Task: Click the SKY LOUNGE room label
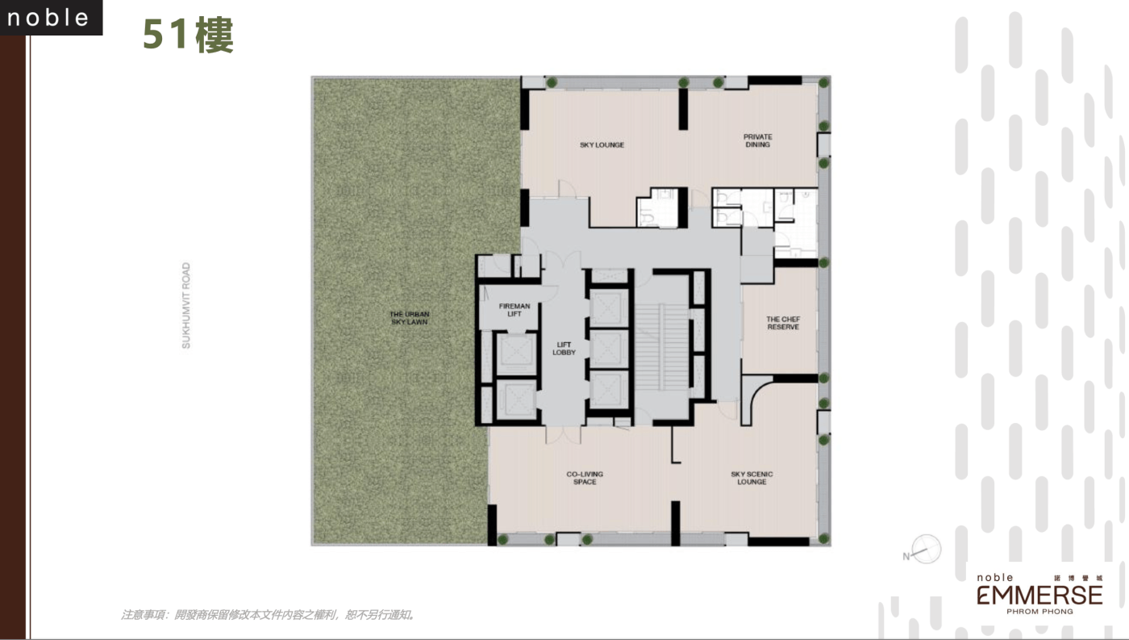coord(602,144)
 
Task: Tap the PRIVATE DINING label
coord(757,140)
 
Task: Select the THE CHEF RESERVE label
coord(783,324)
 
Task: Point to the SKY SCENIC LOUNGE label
coord(752,478)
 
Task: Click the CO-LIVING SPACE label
coord(585,478)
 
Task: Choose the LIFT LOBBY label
coord(564,349)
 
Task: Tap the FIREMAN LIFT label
coord(515,310)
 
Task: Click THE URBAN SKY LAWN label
coord(410,318)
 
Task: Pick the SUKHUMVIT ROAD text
coord(186,305)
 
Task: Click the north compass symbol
coord(923,550)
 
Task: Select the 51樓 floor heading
coord(188,34)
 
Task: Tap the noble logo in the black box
coord(48,18)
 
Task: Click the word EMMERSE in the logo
coord(1039,595)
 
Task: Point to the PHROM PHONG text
coord(1039,612)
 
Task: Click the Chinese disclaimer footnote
coord(267,615)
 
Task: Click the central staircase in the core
coord(661,347)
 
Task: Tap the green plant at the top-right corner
coord(823,82)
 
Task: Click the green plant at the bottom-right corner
coord(823,539)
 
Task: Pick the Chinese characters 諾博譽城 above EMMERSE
coord(1078,578)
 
